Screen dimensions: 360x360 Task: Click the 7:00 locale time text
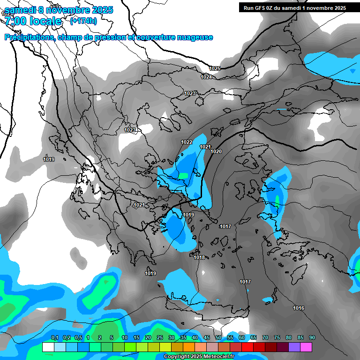(33, 21)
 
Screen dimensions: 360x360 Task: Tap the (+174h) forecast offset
(83, 21)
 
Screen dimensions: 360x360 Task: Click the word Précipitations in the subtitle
(29, 37)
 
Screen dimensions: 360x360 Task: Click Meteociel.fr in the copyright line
(217, 357)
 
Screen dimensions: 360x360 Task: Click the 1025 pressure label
(215, 68)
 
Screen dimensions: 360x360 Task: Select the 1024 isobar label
(206, 77)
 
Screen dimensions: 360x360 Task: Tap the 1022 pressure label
(187, 142)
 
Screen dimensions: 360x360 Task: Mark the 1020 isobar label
(216, 151)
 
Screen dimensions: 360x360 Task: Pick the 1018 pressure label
(199, 257)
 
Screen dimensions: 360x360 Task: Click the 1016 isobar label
(299, 308)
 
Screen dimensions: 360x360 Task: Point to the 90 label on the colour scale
(312, 337)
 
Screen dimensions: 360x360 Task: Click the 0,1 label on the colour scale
(55, 337)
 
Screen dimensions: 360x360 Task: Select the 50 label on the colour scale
(218, 337)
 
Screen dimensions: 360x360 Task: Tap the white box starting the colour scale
(48, 347)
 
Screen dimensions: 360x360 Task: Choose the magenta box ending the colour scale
(306, 347)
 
